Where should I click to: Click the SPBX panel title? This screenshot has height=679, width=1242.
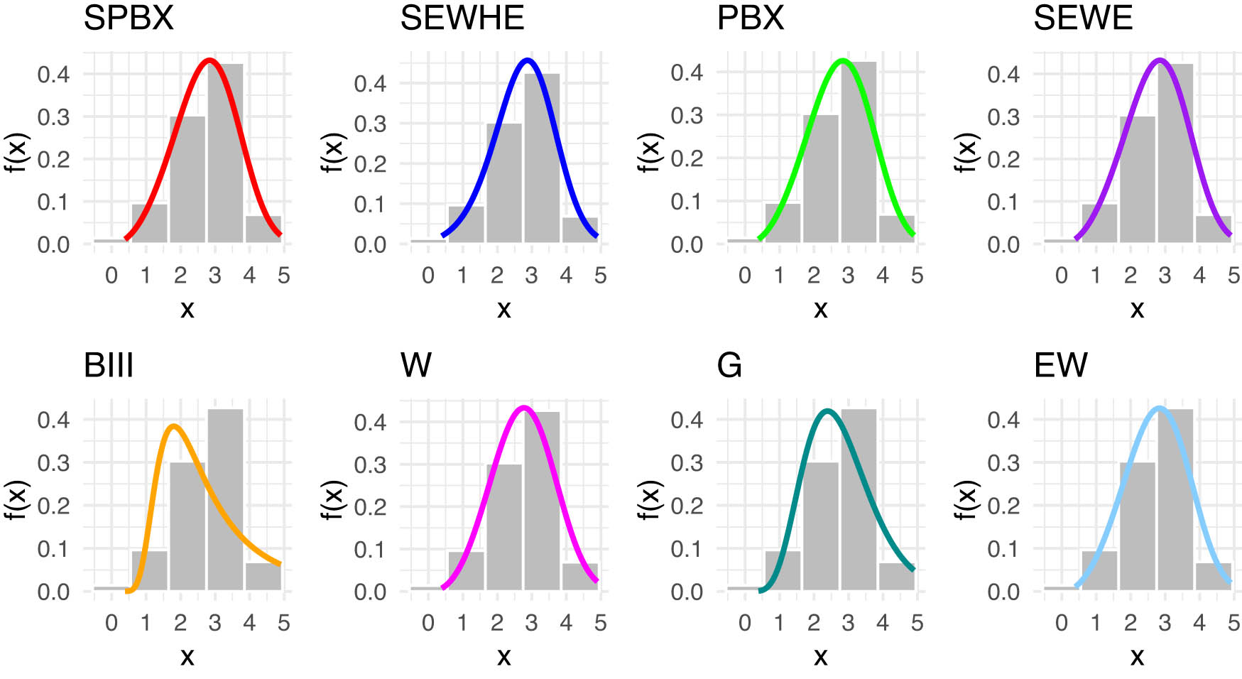[x=129, y=18]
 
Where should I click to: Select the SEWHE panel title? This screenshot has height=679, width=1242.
[x=462, y=18]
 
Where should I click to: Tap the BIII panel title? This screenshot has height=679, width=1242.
[x=109, y=366]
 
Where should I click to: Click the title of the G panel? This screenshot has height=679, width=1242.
[x=729, y=366]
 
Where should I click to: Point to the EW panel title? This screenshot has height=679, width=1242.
[x=1060, y=366]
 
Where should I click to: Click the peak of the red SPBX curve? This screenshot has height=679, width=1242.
[x=209, y=60]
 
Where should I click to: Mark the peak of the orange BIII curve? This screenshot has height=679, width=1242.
[x=174, y=426]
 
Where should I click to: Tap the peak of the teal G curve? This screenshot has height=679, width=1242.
[x=827, y=411]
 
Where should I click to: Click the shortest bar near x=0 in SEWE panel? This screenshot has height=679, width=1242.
[x=1059, y=241]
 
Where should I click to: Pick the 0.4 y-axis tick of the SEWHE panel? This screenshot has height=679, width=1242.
[x=370, y=83]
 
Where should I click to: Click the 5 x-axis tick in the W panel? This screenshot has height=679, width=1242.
[x=600, y=623]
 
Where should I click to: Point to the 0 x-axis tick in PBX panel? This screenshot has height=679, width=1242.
[x=744, y=276]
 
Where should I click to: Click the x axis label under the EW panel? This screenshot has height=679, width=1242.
[x=1137, y=656]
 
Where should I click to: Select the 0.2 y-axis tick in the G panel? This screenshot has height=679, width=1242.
[x=687, y=506]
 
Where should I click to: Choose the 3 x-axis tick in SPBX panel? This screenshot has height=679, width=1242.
[x=214, y=276]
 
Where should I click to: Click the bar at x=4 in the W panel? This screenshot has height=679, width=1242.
[x=579, y=576]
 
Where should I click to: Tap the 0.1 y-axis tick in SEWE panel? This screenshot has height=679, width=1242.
[x=1003, y=202]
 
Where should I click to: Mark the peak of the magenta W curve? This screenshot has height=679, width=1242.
[x=524, y=408]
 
